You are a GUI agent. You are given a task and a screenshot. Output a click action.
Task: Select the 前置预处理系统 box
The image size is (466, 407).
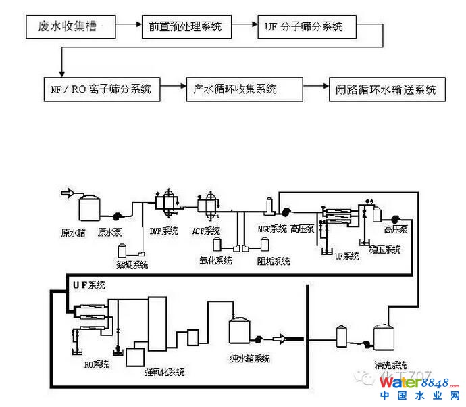pyautogui.click(x=186, y=27)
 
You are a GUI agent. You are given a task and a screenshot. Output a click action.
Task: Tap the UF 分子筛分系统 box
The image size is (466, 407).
pyautogui.click(x=305, y=27)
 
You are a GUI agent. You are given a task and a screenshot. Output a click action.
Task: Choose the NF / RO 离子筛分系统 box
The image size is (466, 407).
pyautogui.click(x=101, y=89)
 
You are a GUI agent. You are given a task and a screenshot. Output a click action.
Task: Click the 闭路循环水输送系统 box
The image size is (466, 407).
pyautogui.click(x=386, y=89)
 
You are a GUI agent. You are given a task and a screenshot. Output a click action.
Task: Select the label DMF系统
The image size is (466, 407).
pyautogui.click(x=163, y=231)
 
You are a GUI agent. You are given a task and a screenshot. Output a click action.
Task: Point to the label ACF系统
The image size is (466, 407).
pyautogui.click(x=206, y=231)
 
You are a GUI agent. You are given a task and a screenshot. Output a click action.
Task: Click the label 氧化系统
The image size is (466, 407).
pyautogui.click(x=215, y=260)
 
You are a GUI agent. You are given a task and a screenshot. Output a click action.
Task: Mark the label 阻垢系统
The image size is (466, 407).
pyautogui.click(x=273, y=261)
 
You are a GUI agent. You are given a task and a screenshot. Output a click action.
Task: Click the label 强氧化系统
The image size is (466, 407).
pyautogui.click(x=165, y=372)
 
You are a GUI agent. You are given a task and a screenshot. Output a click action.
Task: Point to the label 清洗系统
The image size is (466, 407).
pyautogui.click(x=382, y=365)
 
